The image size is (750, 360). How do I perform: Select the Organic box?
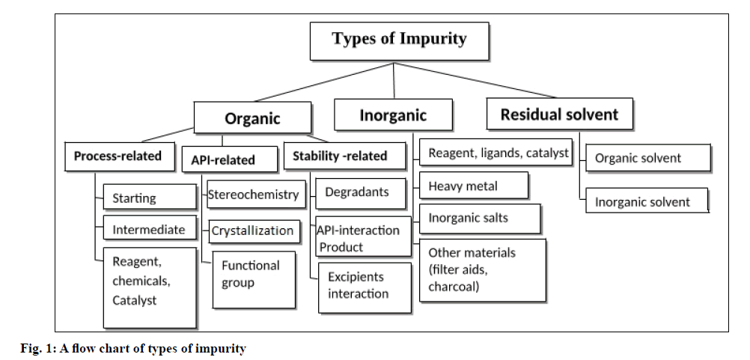click(x=253, y=118)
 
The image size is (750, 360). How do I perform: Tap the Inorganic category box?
click(x=393, y=115)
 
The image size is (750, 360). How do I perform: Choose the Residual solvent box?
click(x=559, y=115)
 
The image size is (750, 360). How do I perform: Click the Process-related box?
click(x=118, y=156)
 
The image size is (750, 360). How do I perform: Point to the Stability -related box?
click(x=340, y=156)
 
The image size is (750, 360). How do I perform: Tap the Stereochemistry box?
click(x=253, y=195)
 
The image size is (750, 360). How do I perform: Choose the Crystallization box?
click(x=252, y=231)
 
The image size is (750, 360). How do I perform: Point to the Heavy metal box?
click(x=474, y=186)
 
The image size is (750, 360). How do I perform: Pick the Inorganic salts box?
click(x=480, y=218)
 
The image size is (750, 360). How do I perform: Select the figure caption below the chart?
click(x=132, y=349)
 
